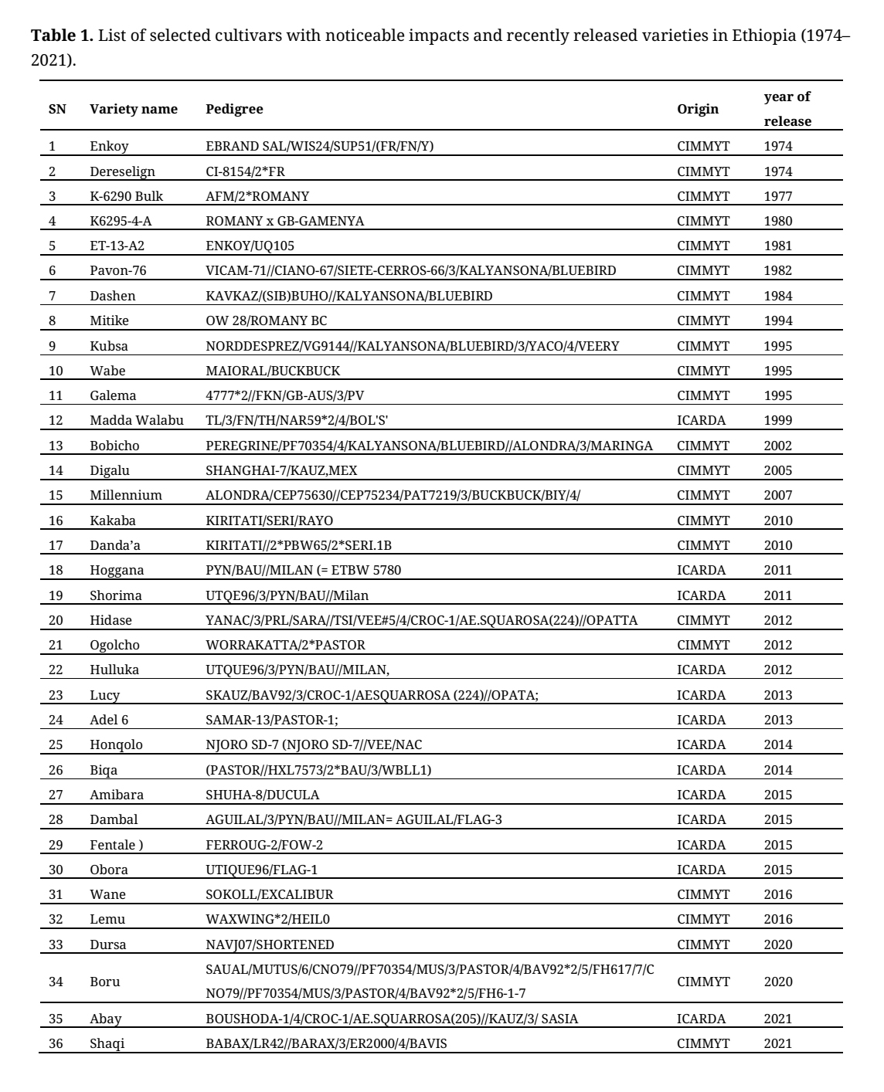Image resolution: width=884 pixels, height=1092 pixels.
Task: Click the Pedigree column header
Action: pyautogui.click(x=234, y=109)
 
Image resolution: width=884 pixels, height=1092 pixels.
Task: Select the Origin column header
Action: pyautogui.click(x=698, y=109)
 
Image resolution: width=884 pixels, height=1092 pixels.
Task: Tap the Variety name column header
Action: pyautogui.click(x=134, y=109)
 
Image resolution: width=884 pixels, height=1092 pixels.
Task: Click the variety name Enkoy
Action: pyautogui.click(x=109, y=146)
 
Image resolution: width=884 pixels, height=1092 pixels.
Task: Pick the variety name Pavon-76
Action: pyautogui.click(x=117, y=270)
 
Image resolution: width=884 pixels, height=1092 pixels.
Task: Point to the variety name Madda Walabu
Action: pyautogui.click(x=137, y=420)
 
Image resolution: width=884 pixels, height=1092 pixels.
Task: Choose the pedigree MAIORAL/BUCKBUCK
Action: pyautogui.click(x=273, y=371)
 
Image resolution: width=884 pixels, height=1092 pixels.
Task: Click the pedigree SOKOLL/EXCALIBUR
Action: pyautogui.click(x=270, y=894)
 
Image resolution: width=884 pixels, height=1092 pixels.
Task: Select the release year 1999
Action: pyautogui.click(x=778, y=420)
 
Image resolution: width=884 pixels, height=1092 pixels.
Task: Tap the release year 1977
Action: pyautogui.click(x=778, y=196)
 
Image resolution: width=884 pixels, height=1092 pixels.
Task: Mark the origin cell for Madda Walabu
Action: pyautogui.click(x=702, y=420)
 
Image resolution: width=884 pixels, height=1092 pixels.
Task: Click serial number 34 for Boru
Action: pyautogui.click(x=56, y=982)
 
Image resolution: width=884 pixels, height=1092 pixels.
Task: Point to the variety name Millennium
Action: pyautogui.click(x=126, y=495)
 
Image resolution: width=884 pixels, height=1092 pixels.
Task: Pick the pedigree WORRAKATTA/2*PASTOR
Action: pyautogui.click(x=285, y=645)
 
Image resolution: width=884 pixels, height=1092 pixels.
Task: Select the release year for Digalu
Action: pyautogui.click(x=778, y=470)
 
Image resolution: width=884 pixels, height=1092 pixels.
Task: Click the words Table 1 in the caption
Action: pyautogui.click(x=62, y=36)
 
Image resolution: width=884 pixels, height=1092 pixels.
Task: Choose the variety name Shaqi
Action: pyautogui.click(x=107, y=1043)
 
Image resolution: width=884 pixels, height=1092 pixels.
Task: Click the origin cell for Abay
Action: pyautogui.click(x=702, y=1019)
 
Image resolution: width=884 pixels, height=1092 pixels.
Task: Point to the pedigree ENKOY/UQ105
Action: pyautogui.click(x=250, y=246)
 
